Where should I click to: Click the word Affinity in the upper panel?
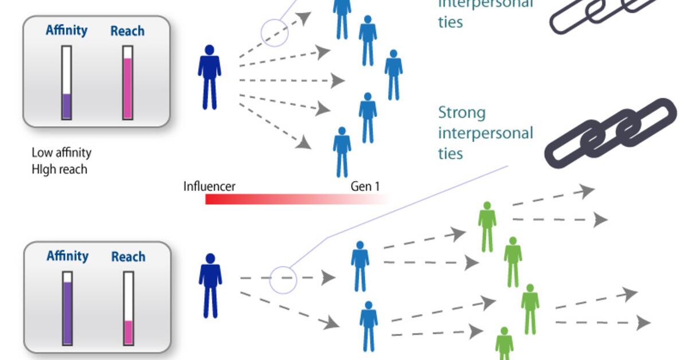(67, 30)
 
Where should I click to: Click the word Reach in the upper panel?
(127, 31)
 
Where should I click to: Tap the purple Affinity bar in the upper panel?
(67, 106)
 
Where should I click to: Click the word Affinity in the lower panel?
(68, 256)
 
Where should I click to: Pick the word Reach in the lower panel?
(128, 257)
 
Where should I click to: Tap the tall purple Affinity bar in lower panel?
(68, 312)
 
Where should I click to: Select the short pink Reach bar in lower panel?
(128, 332)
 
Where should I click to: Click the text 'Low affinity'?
(61, 153)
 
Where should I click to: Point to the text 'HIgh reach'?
(60, 169)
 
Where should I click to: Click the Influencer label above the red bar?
(209, 186)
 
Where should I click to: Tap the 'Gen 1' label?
(365, 186)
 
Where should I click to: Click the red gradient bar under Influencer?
(287, 199)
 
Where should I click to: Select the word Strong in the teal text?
(462, 112)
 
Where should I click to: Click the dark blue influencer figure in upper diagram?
(209, 77)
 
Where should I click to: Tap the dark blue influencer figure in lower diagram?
(210, 285)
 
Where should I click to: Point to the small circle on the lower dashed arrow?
(283, 280)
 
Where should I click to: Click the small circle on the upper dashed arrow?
(275, 32)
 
